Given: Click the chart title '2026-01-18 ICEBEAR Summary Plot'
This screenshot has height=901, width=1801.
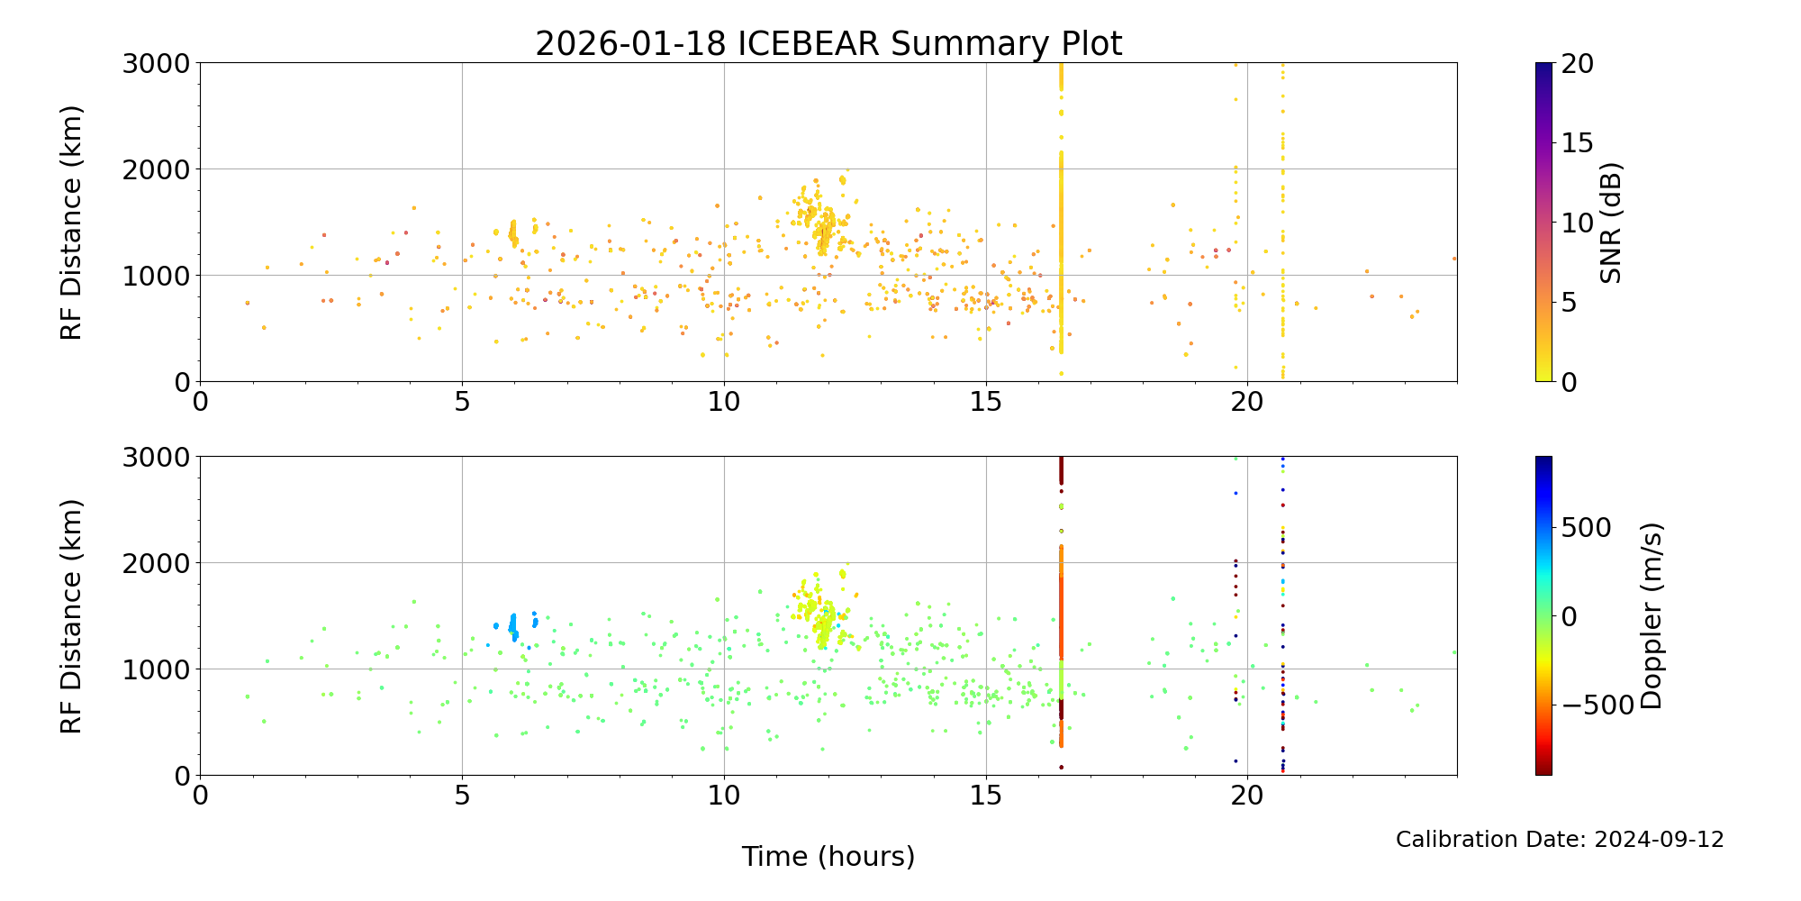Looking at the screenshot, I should point(828,43).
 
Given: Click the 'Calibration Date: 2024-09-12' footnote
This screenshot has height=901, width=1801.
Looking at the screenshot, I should point(1560,840).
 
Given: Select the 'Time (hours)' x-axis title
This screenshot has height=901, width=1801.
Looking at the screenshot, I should point(828,857).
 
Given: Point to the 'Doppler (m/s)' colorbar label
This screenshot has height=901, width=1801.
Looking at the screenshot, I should point(1651,616).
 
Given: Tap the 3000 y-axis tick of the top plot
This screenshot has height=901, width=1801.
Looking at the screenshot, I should point(158,64).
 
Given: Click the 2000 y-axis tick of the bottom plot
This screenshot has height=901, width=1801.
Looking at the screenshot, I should point(158,563).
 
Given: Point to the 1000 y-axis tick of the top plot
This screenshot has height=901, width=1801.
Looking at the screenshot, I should point(158,276).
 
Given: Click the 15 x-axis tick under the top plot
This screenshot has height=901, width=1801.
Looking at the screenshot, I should point(986,402).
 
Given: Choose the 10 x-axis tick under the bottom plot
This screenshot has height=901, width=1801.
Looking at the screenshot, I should point(724,796).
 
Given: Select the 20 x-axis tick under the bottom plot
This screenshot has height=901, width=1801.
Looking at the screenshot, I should point(1247,796).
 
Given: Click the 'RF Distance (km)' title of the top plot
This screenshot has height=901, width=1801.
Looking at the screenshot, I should point(71,223).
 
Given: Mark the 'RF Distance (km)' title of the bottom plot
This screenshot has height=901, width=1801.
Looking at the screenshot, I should point(71,616).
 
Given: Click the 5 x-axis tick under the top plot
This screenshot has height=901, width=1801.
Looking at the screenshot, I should point(462,402).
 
